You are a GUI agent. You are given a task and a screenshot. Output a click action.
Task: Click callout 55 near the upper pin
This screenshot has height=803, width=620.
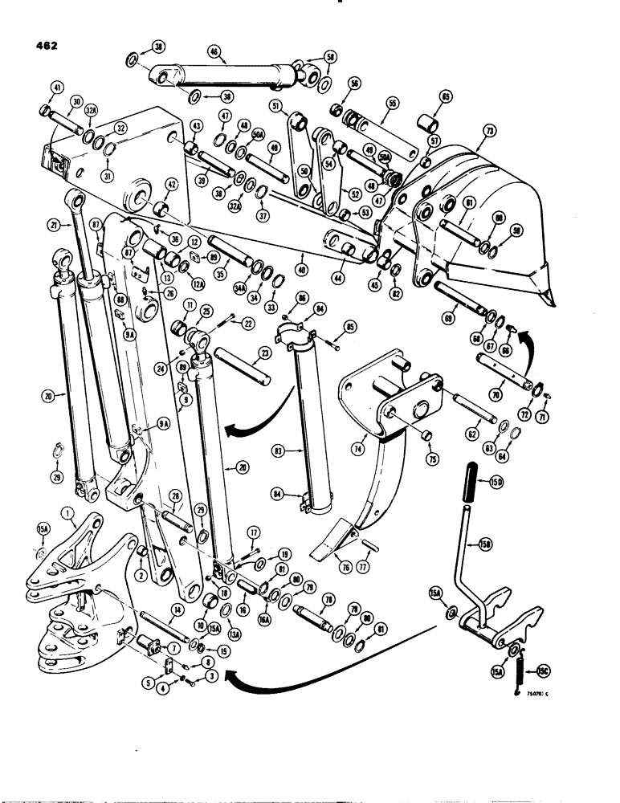392,104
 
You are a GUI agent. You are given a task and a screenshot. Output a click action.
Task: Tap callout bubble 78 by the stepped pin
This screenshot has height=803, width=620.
327,599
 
